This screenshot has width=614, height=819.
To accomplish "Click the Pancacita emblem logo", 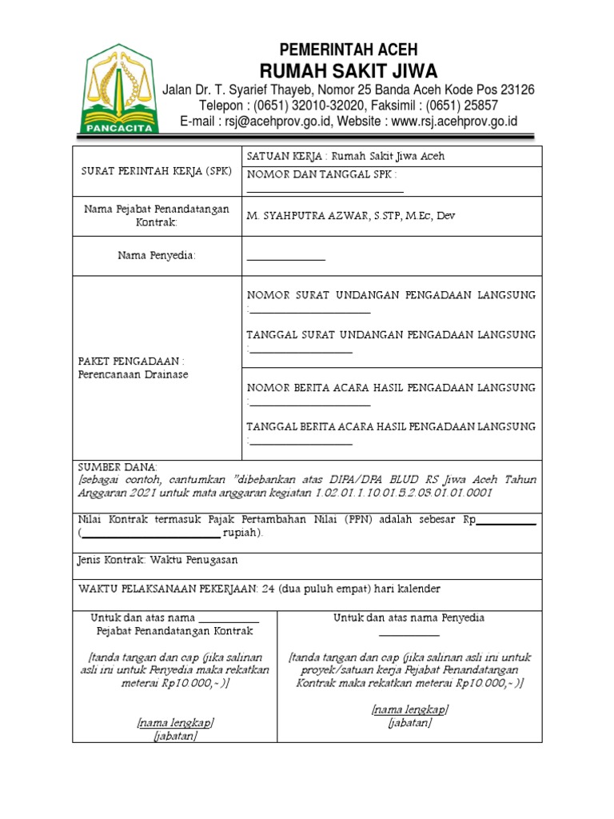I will pos(115,90).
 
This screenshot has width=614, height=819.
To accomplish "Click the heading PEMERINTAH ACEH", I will pos(348,50).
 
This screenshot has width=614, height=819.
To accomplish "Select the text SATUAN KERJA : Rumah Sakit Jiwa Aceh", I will pos(345,156).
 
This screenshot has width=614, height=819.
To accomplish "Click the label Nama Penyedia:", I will pos(157,255).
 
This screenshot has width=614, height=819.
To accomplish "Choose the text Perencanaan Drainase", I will pos(133,374).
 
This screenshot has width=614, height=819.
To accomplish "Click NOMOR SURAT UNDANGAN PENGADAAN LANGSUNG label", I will pos(391,295).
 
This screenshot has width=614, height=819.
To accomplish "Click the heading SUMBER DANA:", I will pos(118,466).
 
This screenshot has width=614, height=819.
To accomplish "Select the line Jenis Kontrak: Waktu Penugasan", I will pos(157,560).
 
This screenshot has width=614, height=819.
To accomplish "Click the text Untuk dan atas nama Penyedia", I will pos(409,617).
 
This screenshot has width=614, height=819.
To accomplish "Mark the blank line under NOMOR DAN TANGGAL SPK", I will pos(325,191).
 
